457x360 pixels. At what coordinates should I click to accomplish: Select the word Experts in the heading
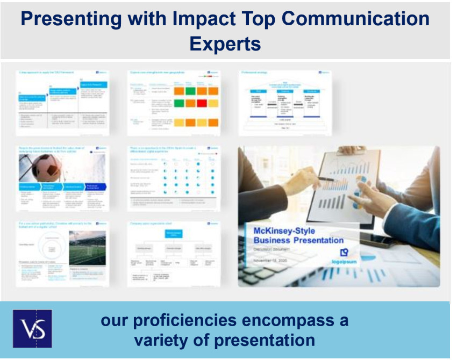(x=225, y=43)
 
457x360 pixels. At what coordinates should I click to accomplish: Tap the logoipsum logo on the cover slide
(x=344, y=255)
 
